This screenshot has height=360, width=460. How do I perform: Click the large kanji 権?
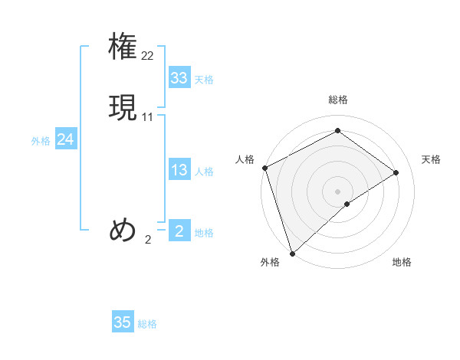[x=123, y=45]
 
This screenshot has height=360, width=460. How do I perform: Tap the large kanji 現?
[x=123, y=107]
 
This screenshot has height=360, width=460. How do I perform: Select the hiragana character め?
[x=123, y=229]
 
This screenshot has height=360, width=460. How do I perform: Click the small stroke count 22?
[x=148, y=55]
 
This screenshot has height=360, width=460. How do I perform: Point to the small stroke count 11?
[x=148, y=117]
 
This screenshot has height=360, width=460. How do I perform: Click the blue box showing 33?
[x=179, y=78]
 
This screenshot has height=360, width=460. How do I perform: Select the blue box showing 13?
[x=179, y=170]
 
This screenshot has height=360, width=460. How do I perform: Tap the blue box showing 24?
[x=66, y=139]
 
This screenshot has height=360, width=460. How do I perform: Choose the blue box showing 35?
[x=123, y=322]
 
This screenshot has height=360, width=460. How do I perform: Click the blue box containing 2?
[x=179, y=231]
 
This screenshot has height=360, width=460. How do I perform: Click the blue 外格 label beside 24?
[x=41, y=141]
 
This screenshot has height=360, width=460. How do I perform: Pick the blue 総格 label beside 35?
[x=147, y=324]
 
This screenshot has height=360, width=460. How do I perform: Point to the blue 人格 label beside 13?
[x=204, y=172]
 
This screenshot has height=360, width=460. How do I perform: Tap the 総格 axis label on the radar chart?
[x=338, y=100]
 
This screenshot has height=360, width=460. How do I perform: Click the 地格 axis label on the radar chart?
[x=402, y=263]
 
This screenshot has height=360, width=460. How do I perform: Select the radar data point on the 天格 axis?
[x=396, y=172]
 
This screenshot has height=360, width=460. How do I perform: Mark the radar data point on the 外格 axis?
[x=292, y=253]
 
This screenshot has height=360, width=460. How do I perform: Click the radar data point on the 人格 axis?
[x=264, y=168]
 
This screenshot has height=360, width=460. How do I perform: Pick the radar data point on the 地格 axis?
[x=347, y=204]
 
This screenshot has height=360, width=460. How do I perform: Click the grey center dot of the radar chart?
[x=338, y=191]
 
